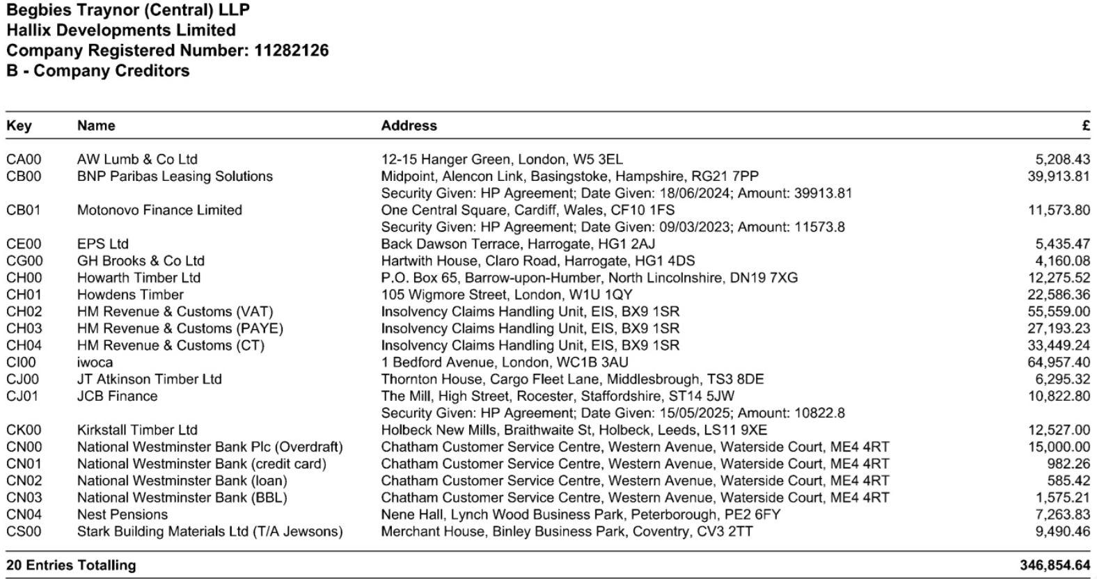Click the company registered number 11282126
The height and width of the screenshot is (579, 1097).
click(291, 51)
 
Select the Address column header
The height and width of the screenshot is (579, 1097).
click(409, 126)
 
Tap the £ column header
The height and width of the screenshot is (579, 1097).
click(1085, 126)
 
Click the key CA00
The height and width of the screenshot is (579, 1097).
click(24, 159)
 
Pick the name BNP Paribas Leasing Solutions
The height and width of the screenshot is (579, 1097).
click(175, 177)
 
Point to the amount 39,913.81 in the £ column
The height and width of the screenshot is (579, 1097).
click(1058, 177)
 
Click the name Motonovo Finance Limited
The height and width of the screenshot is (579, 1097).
click(159, 210)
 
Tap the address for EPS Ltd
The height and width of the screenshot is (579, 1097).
click(517, 244)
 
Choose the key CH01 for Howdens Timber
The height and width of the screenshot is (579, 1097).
click(24, 295)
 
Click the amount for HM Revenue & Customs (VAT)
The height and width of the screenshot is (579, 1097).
click(1058, 312)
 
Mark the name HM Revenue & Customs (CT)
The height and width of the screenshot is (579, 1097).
click(171, 346)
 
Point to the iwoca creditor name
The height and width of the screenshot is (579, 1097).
click(95, 363)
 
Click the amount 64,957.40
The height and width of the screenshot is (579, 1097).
click(1058, 363)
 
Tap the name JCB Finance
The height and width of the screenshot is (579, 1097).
click(117, 397)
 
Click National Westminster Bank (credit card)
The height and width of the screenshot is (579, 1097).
click(201, 464)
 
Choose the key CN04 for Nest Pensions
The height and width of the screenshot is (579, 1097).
click(24, 515)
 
